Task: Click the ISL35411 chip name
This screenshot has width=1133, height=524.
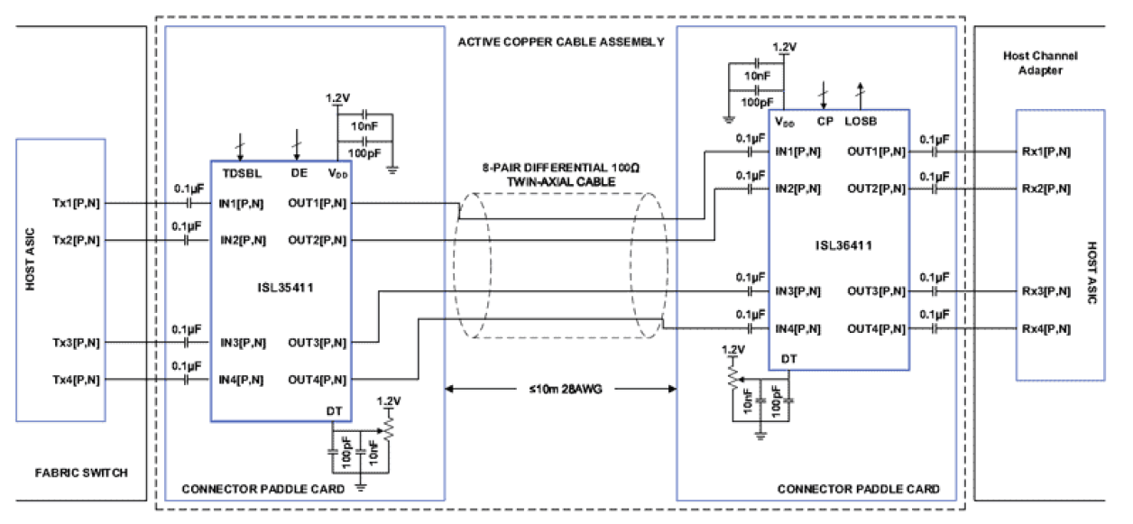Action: (280, 288)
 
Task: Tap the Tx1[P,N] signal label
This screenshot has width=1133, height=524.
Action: (76, 203)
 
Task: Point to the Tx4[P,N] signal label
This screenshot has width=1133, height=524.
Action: (76, 380)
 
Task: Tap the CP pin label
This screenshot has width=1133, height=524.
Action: (824, 120)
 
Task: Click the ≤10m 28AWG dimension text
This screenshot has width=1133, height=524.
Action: (560, 390)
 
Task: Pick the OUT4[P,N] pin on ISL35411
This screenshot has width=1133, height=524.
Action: (318, 380)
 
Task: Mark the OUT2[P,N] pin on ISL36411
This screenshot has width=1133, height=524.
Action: (877, 188)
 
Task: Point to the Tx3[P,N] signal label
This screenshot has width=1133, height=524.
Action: (76, 343)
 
